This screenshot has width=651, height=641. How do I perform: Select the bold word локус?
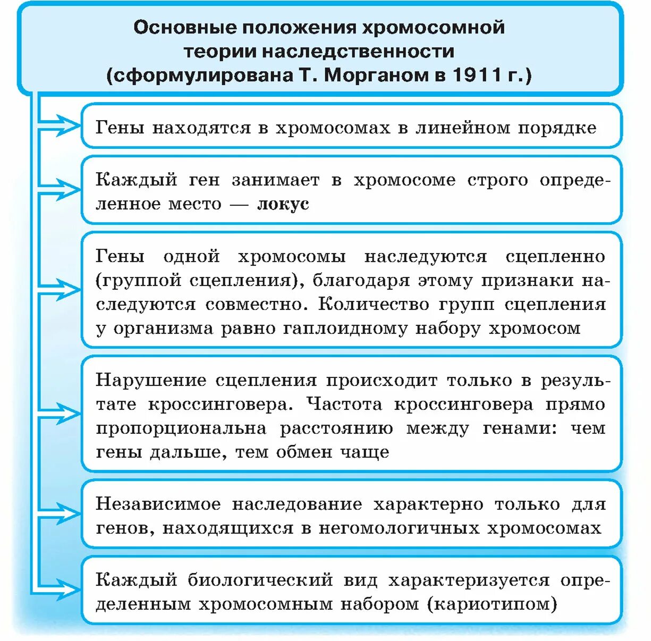pyautogui.click(x=283, y=204)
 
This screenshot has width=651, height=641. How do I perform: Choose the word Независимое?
pyautogui.click(x=158, y=504)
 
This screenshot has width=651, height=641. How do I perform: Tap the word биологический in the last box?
pyautogui.click(x=260, y=580)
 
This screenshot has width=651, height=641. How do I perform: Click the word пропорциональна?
pyautogui.click(x=181, y=428)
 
